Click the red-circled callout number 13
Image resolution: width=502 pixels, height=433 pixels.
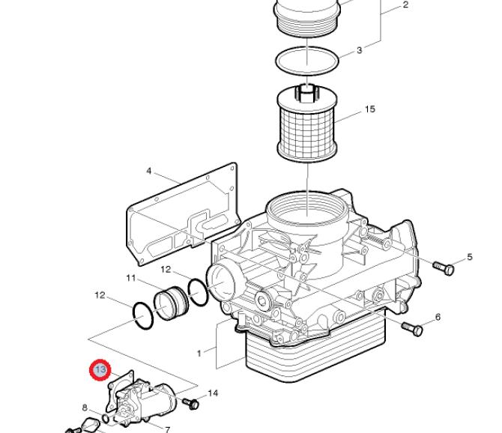[100, 370]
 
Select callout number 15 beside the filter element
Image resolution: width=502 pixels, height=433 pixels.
[370, 109]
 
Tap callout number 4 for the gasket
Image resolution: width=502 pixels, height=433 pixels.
[149, 171]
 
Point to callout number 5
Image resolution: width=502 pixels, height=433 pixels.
[470, 257]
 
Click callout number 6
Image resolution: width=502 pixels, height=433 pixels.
[438, 317]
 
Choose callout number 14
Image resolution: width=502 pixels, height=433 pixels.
[214, 393]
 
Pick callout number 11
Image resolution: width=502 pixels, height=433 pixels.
[131, 278]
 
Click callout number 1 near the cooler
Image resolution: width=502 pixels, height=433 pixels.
[199, 354]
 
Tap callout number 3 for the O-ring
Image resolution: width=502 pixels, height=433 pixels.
[359, 50]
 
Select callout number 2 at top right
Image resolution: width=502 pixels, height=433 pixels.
[405, 4]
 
